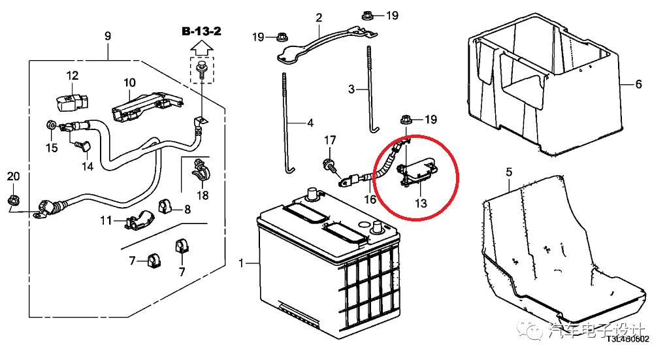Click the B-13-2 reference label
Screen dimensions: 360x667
pos(202,31)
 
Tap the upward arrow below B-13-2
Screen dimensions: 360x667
pos(202,48)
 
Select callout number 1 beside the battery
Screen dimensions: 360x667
pos(242,263)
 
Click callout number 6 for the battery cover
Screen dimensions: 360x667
pos(638,84)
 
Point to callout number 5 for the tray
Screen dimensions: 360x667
pos(510,172)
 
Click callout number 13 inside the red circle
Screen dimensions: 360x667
pos(420,203)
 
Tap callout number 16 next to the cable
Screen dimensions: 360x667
pos(370,199)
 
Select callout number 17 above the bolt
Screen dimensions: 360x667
pos(331,140)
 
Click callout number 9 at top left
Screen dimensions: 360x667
pos(108,35)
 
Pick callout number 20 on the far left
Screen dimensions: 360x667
pos(13,176)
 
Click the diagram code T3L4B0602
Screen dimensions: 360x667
pos(627,338)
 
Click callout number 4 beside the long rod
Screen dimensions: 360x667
pos(310,123)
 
